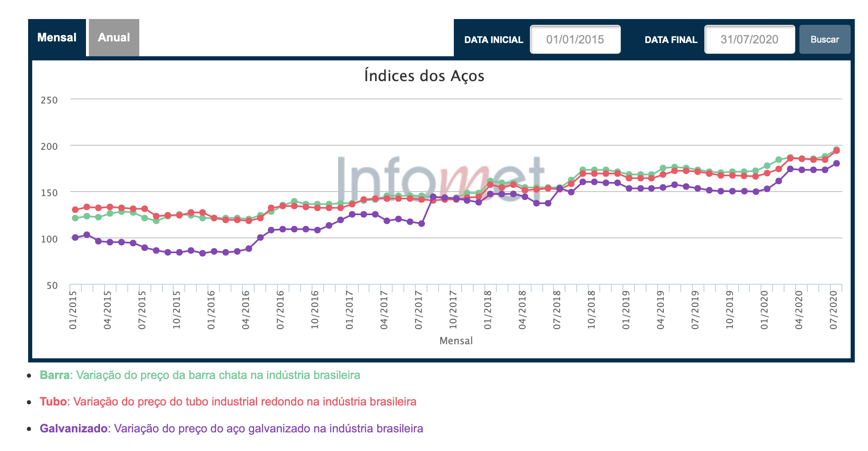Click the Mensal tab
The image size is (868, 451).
click(x=57, y=38)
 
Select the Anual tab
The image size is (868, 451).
click(x=114, y=38)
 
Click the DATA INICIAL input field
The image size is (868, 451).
click(x=575, y=40)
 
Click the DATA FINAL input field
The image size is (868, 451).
click(x=749, y=40)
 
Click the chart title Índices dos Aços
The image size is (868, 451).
click(x=424, y=76)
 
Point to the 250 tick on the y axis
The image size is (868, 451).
click(x=49, y=100)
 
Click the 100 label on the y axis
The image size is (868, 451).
click(x=49, y=239)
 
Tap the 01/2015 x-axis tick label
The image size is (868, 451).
click(x=74, y=310)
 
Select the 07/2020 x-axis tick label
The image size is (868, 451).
click(x=834, y=310)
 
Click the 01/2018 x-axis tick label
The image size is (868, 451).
click(x=488, y=310)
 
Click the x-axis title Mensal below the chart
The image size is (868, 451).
click(x=456, y=341)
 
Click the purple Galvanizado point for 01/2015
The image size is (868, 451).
click(x=75, y=237)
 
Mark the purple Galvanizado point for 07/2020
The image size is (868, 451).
click(x=837, y=163)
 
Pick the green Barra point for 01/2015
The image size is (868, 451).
click(x=75, y=218)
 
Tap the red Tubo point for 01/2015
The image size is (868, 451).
click(x=75, y=210)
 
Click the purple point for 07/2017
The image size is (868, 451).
click(x=422, y=223)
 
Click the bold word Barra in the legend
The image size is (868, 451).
click(x=55, y=375)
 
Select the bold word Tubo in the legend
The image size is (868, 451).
click(x=53, y=402)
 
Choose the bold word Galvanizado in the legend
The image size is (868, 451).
click(x=74, y=429)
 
